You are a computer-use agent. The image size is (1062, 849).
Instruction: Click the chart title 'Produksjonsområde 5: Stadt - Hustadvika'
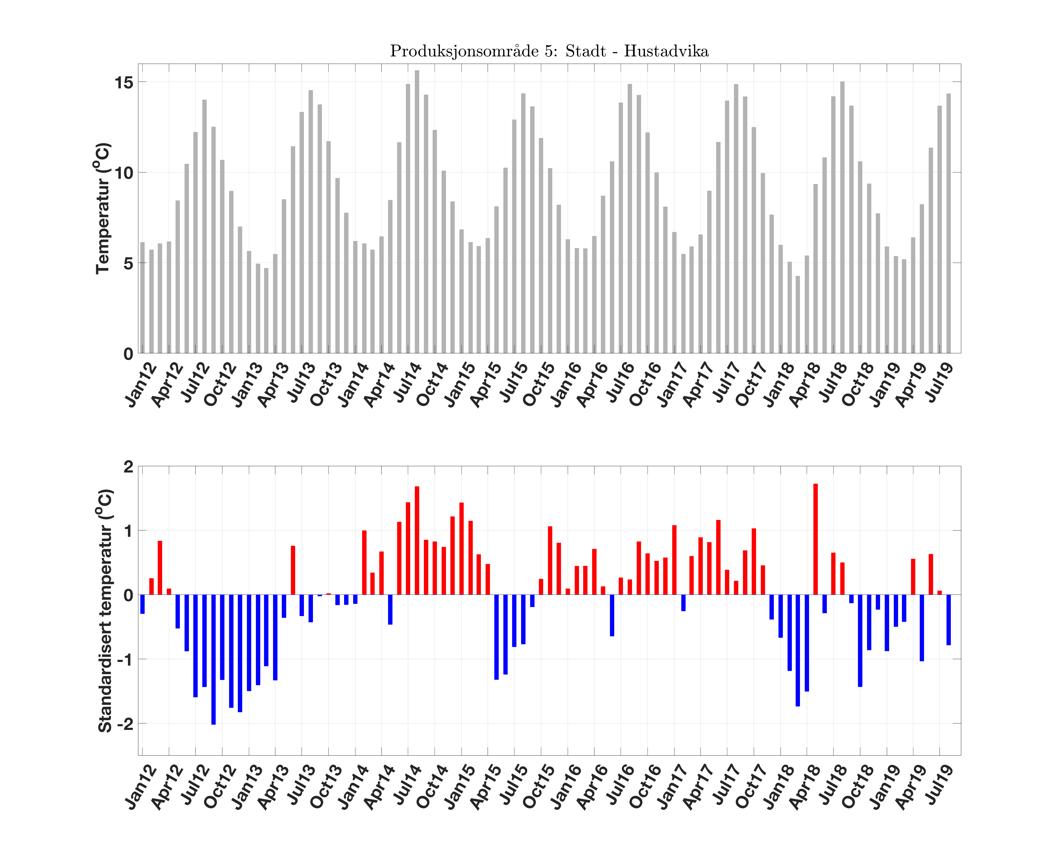point(549,51)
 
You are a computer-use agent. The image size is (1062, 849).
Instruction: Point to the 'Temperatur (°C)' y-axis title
point(102,208)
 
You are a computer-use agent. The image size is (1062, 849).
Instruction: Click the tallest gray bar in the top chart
point(417,212)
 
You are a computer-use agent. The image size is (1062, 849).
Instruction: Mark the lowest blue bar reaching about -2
point(213,660)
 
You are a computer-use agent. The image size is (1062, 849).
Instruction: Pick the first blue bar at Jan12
point(142,604)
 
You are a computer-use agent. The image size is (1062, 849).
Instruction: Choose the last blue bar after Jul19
point(949,620)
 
